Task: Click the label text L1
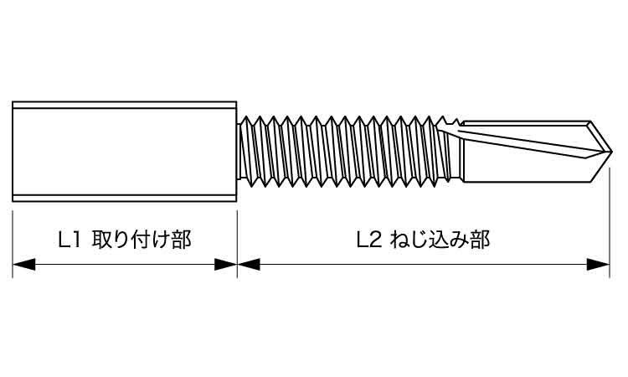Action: [x=70, y=240]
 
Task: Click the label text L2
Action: [x=369, y=240]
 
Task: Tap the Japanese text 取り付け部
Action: [x=142, y=240]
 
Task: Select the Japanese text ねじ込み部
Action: [x=440, y=240]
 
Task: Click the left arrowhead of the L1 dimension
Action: [x=23, y=265]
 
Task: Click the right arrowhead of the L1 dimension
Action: [x=225, y=265]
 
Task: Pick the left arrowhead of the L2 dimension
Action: [x=249, y=265]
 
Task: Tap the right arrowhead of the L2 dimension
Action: [x=598, y=265]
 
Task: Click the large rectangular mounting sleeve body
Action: [x=125, y=152]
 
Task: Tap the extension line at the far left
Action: [x=13, y=245]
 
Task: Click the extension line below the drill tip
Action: [x=610, y=222]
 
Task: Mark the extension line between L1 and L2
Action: [x=237, y=245]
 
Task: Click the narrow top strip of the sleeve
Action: [x=125, y=105]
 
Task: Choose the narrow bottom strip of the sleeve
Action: [x=125, y=198]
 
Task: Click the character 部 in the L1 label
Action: [x=182, y=240]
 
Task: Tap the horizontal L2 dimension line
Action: [x=424, y=265]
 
